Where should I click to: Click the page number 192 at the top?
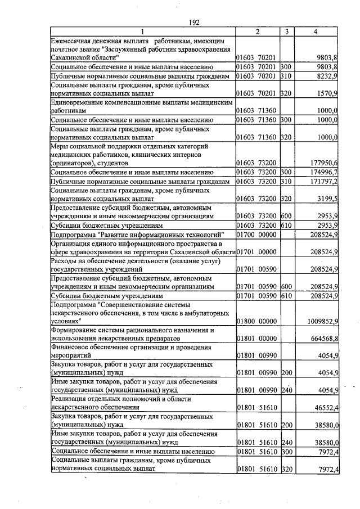(194, 22)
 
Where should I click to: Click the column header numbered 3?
(286, 33)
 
